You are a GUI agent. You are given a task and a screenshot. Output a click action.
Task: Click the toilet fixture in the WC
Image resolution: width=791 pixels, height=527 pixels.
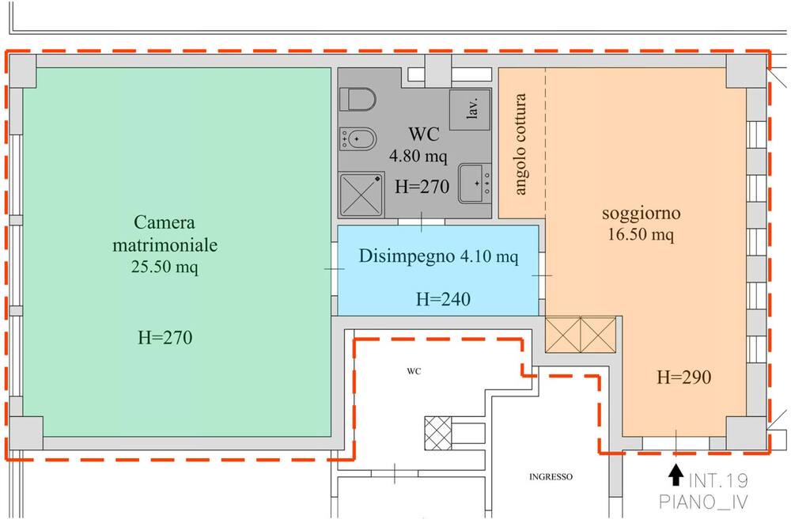click(x=358, y=100)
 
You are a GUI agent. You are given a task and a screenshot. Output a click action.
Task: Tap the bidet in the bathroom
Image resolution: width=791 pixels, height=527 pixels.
click(x=358, y=138)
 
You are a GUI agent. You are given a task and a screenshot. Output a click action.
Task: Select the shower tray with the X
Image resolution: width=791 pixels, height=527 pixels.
click(x=361, y=195)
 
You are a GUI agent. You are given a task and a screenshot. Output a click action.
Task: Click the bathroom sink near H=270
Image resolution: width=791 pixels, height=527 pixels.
click(x=475, y=183)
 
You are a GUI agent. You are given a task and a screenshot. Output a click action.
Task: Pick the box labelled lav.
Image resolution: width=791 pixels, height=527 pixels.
click(x=470, y=109)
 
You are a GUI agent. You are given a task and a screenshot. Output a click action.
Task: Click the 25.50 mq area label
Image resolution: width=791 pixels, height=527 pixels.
click(x=165, y=267)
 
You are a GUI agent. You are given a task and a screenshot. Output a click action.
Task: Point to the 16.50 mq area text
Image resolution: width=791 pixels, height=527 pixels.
click(x=641, y=235)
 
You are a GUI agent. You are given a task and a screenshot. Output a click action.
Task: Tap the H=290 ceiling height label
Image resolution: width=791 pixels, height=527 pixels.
click(x=684, y=377)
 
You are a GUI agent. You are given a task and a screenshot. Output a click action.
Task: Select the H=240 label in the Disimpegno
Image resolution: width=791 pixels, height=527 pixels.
click(x=443, y=299)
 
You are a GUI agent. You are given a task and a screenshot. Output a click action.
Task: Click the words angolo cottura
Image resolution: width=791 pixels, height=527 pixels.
click(x=520, y=144)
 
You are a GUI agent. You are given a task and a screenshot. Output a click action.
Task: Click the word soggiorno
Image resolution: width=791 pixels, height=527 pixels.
click(x=642, y=214)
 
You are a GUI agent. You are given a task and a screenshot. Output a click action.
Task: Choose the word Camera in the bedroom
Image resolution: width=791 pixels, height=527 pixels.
click(x=165, y=222)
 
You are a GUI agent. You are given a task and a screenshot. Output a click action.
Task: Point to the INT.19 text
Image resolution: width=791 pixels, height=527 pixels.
click(x=718, y=480)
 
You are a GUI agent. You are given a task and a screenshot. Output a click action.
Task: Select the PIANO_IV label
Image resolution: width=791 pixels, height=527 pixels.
click(x=703, y=502)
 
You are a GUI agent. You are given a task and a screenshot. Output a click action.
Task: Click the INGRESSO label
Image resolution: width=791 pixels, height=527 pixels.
click(x=551, y=476)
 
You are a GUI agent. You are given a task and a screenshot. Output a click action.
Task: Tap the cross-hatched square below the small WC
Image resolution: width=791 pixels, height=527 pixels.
click(x=438, y=433)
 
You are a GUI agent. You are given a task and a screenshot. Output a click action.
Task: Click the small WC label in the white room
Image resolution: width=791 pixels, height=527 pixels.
click(x=414, y=372)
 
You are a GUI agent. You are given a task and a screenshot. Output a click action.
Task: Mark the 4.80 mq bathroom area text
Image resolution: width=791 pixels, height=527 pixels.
click(x=418, y=156)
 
